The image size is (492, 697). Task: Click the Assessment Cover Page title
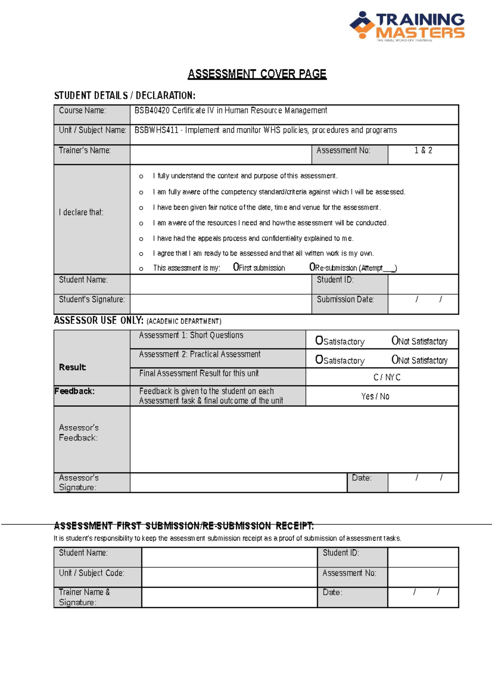[x=257, y=74]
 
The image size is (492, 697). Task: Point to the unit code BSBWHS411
[x=156, y=130]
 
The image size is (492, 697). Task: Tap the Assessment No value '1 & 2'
[x=423, y=150]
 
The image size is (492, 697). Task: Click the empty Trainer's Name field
[x=221, y=155]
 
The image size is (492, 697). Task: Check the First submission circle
[x=236, y=267]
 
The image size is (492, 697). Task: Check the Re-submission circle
[x=312, y=267]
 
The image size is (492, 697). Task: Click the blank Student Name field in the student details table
[x=221, y=284]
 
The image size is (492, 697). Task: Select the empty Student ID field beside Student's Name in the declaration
[x=423, y=284]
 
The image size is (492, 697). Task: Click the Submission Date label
[x=345, y=300]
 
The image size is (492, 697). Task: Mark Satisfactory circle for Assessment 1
[x=319, y=340]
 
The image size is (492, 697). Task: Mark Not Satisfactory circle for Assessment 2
[x=395, y=360]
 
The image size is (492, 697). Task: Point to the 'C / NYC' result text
[x=387, y=377]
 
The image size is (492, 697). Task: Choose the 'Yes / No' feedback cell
[x=375, y=396]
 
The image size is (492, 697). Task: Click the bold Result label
[x=73, y=367]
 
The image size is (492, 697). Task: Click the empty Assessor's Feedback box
[x=294, y=439]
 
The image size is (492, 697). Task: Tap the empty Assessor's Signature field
[x=238, y=483]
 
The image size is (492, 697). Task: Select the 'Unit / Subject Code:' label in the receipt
[x=91, y=573]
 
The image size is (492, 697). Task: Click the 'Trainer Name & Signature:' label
[x=84, y=597]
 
